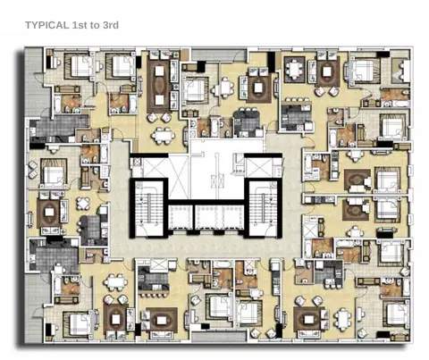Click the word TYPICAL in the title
pos(46,25)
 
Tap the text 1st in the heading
pos(80,25)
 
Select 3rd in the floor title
pos(111,25)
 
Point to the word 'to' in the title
pos(95,25)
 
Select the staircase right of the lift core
pos(264,207)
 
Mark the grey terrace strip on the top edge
pos(219,54)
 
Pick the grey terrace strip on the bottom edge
pos(219,337)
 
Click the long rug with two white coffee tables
pos(159,85)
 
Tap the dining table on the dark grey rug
pos(294,69)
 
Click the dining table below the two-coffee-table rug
pos(163,136)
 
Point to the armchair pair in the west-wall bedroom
pos(32,171)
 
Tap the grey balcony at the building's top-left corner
pos(33,81)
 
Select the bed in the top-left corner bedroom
pos(80,66)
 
